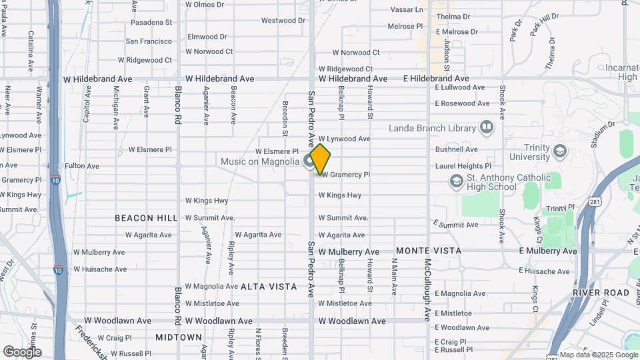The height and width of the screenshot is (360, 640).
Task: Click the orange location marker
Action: [320, 159]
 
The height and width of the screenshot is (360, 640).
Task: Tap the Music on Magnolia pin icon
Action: [309, 161]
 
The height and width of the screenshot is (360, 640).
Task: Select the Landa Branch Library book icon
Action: [487, 127]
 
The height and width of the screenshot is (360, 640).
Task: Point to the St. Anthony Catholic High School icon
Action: [456, 181]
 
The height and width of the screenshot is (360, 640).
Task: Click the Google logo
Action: [22, 351]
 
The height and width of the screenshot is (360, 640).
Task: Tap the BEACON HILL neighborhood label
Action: [146, 218]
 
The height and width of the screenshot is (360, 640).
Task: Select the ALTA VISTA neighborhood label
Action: [269, 287]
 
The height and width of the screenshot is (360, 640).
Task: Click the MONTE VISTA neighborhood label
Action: [429, 251]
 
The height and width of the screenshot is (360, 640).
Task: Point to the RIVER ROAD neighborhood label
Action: [601, 293]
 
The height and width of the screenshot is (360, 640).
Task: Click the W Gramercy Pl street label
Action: [345, 175]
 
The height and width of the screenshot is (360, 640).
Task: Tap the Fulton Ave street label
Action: [82, 166]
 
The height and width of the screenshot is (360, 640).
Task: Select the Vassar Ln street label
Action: [406, 10]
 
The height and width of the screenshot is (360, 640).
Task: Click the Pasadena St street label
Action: [151, 23]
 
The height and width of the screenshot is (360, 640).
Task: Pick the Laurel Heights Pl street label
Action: [463, 166]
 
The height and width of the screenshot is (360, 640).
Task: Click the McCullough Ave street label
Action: [427, 291]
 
